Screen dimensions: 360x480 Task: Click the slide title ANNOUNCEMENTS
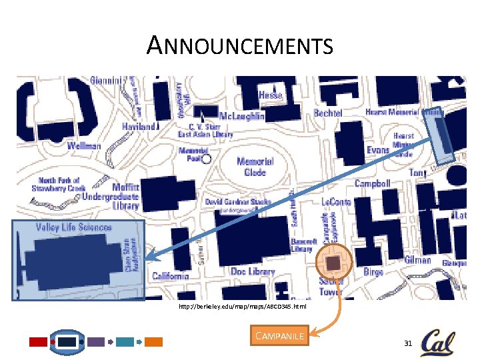click(240, 46)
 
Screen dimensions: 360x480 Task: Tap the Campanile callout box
click(280, 336)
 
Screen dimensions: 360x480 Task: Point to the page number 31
click(408, 343)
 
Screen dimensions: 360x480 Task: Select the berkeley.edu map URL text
click(242, 307)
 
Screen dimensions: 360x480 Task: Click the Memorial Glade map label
click(255, 167)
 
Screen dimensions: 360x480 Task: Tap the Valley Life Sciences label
click(73, 227)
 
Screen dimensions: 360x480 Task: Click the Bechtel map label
click(328, 113)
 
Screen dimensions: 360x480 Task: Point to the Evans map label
click(377, 151)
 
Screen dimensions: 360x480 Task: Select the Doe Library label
click(253, 271)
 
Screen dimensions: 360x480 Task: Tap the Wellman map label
click(83, 146)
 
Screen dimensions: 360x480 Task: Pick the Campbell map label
click(372, 183)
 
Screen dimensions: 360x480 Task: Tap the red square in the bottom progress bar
click(39, 342)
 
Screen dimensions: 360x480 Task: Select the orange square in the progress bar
click(154, 342)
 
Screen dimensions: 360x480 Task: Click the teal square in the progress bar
click(125, 342)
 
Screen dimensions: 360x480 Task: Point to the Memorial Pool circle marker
click(206, 159)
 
